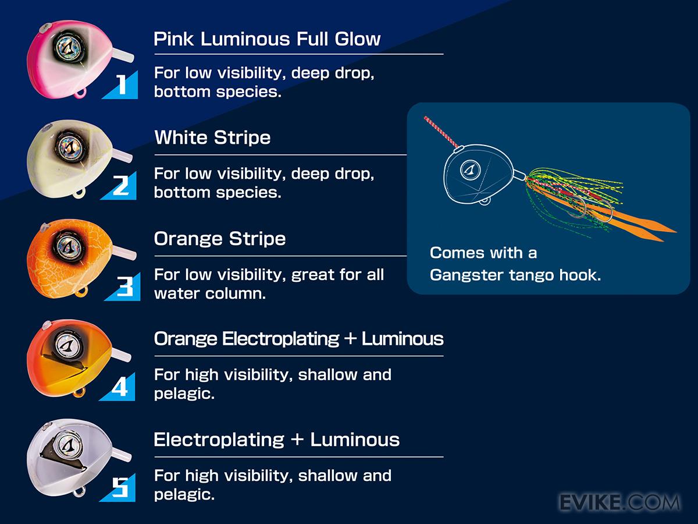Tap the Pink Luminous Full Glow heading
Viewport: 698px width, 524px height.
267,39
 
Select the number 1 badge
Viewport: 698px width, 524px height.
120,84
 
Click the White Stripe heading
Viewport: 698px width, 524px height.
212,137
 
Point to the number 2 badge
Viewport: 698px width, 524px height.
119,186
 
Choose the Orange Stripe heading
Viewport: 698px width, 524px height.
220,239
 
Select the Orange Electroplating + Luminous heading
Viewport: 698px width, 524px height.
298,338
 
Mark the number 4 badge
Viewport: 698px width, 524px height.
118,387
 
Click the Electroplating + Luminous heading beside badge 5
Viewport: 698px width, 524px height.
277,440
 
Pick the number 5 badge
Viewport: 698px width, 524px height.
118,487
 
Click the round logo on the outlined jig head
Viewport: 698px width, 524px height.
471,169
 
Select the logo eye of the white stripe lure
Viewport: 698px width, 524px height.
70,147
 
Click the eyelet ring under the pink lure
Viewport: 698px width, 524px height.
80,93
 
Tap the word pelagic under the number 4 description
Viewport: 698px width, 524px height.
184,394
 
